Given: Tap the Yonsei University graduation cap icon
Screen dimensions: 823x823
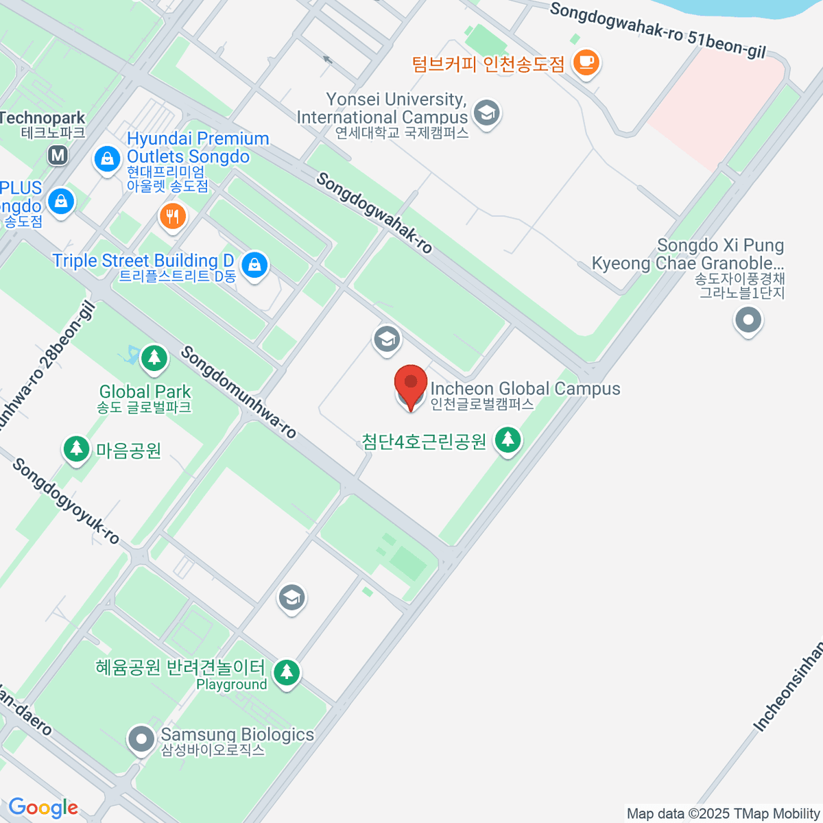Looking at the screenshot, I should pyautogui.click(x=487, y=112).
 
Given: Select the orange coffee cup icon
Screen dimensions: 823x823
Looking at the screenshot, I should pyautogui.click(x=586, y=62).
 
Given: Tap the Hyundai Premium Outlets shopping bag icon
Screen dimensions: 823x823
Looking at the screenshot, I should pyautogui.click(x=107, y=160).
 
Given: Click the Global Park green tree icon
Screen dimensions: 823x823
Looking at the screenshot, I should pyautogui.click(x=154, y=357).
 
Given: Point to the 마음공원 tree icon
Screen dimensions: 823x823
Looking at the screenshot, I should pyautogui.click(x=76, y=449).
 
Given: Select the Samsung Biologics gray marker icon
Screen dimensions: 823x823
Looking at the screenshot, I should pyautogui.click(x=141, y=739).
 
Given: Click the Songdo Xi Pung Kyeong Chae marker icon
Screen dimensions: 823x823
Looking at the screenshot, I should pyautogui.click(x=748, y=320).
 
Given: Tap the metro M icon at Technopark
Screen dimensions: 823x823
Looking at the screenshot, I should pyautogui.click(x=58, y=155).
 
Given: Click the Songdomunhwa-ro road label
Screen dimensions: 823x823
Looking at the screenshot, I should pyautogui.click(x=238, y=392).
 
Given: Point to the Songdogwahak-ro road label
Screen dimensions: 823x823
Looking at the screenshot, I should pyautogui.click(x=374, y=213).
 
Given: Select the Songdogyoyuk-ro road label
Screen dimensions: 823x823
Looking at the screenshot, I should pyautogui.click(x=66, y=501).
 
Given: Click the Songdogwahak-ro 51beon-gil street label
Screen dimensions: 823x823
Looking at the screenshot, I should pyautogui.click(x=657, y=29).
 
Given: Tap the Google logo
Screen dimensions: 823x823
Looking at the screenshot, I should pyautogui.click(x=43, y=807).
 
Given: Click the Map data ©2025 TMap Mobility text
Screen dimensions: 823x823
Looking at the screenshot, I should pyautogui.click(x=724, y=814).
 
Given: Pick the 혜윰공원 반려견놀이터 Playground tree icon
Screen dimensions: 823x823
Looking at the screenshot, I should pyautogui.click(x=286, y=672).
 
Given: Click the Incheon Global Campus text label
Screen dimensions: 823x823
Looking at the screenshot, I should pyautogui.click(x=525, y=389).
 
